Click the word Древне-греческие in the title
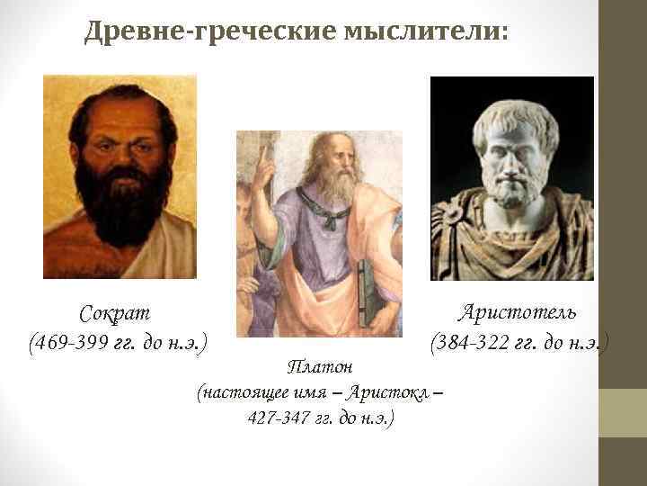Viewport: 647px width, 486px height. [210, 33]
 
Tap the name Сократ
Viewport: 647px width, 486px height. [114, 314]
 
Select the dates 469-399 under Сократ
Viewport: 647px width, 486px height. [71, 343]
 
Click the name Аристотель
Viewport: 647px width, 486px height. [518, 312]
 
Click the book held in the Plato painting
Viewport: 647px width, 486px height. [367, 292]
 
